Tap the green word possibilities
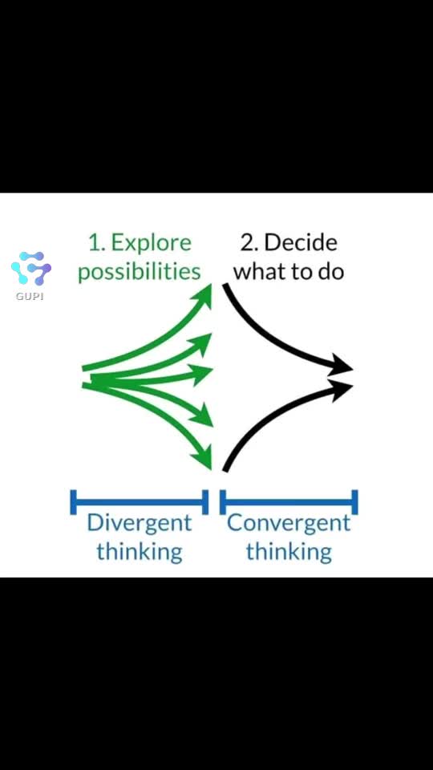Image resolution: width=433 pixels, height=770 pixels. pos(140,272)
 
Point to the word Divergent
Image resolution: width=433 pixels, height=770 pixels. pos(139,524)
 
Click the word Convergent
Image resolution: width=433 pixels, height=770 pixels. pos(289,524)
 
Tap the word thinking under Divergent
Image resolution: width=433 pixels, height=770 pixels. pos(139,552)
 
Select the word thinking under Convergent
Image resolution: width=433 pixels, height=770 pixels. pos(289,552)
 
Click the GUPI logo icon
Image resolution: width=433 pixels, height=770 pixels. pos(31,268)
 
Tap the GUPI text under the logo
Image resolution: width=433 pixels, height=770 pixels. pos(30,297)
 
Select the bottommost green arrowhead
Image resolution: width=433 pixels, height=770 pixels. pos(202,458)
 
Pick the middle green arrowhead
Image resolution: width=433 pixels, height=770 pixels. pos(201,375)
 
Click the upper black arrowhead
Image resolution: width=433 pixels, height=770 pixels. pos(342,365)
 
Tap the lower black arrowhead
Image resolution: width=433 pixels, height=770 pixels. pos(342,390)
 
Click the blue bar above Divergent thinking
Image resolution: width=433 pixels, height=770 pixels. pos(140,502)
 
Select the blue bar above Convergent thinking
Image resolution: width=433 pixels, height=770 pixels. pos(289,502)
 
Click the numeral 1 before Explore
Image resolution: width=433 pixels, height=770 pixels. pos(95,243)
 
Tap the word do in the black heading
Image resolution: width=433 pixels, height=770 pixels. pos(331,272)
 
